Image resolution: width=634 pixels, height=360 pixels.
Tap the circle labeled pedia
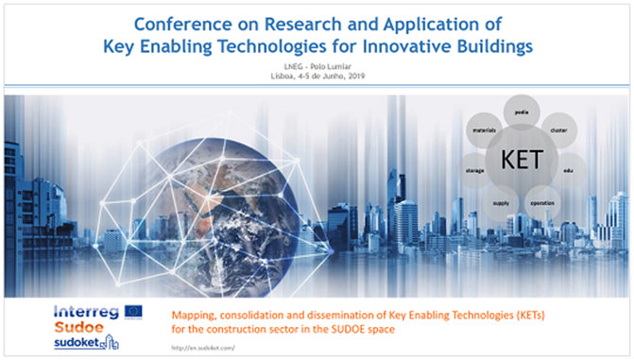click(522, 112)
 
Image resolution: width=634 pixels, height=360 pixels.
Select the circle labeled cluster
click(557, 129)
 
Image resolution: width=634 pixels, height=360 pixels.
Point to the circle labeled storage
click(475, 170)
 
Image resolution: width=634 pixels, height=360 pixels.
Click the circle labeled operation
click(541, 202)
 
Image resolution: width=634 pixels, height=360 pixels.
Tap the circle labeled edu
click(568, 170)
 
